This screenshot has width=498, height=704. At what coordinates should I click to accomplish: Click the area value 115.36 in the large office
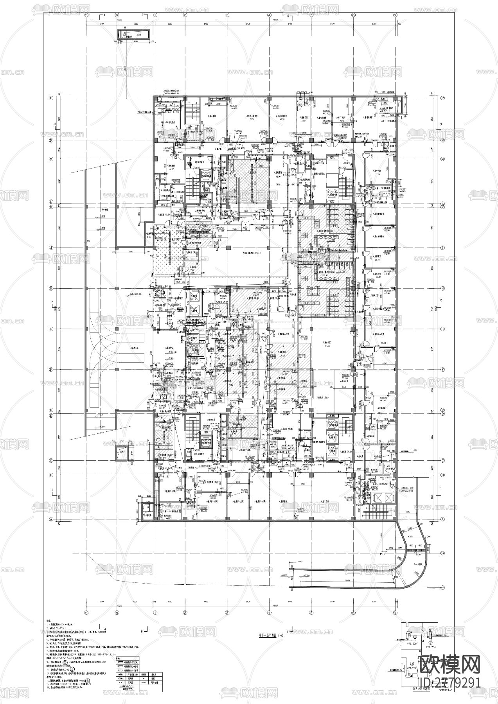[x=327, y=346]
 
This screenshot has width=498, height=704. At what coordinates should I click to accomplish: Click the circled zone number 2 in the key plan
[x=431, y=642]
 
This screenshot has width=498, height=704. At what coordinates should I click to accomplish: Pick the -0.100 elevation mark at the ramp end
[x=284, y=575]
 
